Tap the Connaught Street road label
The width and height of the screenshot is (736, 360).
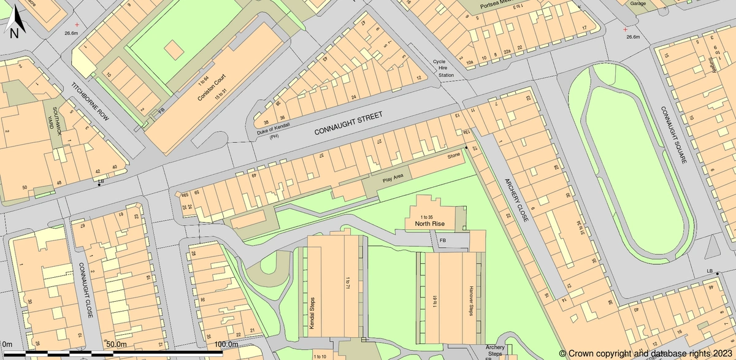point(348,124)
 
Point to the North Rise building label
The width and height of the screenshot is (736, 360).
point(429,224)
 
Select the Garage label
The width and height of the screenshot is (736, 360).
point(638,3)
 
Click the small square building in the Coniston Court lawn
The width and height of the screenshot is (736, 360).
point(174,48)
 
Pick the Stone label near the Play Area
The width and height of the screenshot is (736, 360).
point(453,156)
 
